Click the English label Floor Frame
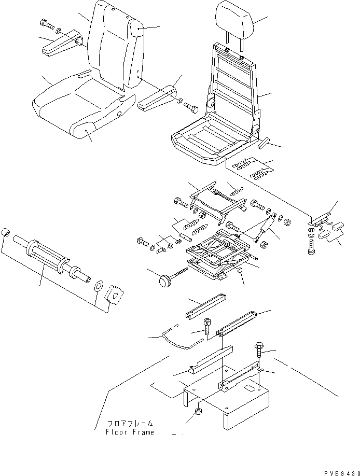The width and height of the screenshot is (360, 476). click(130, 432)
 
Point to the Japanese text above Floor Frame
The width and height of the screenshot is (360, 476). click(130, 423)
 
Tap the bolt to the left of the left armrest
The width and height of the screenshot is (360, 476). click(46, 23)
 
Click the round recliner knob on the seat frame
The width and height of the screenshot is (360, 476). click(212, 104)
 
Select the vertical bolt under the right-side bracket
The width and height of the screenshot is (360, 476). click(311, 246)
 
